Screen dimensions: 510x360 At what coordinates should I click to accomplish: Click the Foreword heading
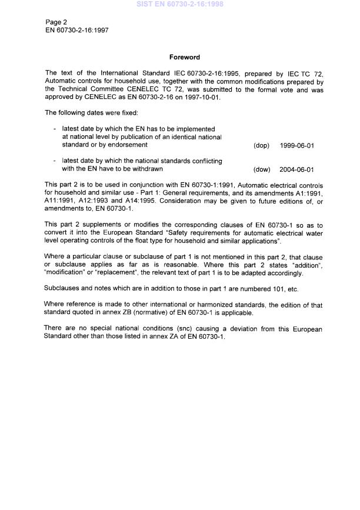[x=185, y=57]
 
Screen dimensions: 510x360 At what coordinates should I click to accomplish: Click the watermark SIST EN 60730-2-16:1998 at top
[x=180, y=4]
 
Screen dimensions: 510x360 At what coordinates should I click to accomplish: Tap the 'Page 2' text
[x=56, y=22]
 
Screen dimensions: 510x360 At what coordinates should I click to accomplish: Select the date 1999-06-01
[x=297, y=145]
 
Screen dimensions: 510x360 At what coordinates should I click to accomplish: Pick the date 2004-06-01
[x=297, y=169]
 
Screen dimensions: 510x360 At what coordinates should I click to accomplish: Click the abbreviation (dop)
[x=261, y=145]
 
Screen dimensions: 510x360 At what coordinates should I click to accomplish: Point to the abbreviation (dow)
[x=261, y=169]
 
